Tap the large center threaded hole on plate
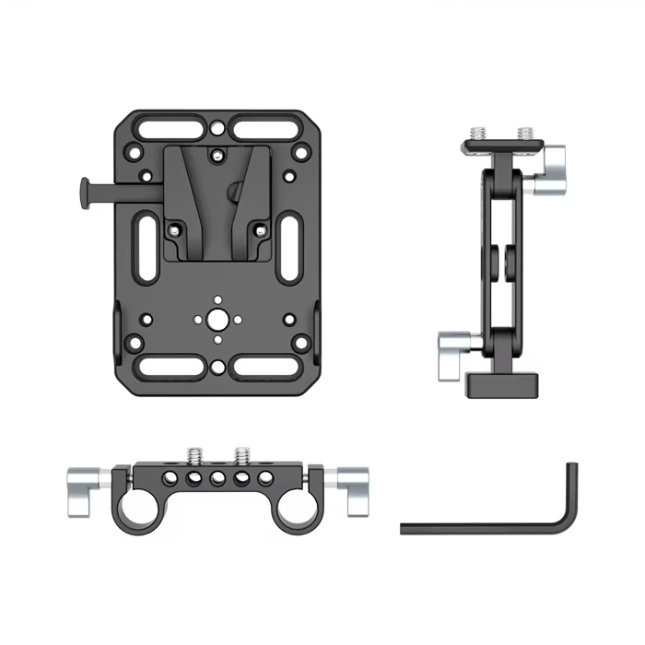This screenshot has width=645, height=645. (x=217, y=319)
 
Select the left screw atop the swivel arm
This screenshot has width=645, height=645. (x=479, y=134)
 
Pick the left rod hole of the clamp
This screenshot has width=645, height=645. (x=143, y=505)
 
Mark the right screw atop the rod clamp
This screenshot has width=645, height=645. (x=241, y=454)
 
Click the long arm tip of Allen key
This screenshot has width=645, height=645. (x=406, y=528)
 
